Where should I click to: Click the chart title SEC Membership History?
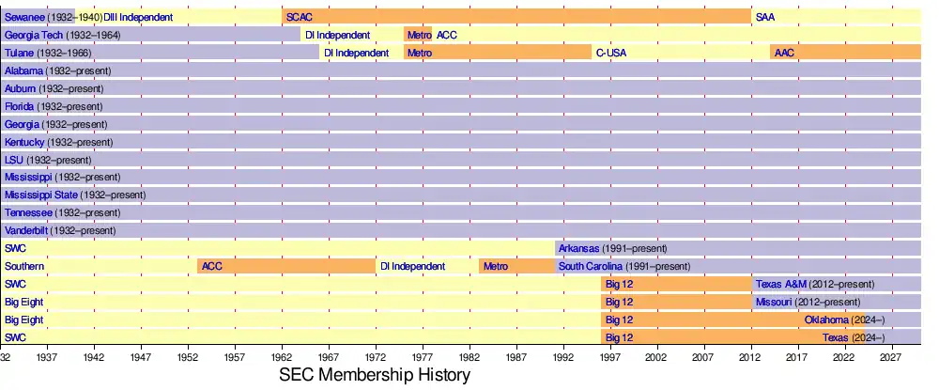coord(374,375)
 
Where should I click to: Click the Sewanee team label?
coord(26,17)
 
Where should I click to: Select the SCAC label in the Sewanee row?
coord(299,17)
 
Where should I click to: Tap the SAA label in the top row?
coord(765,17)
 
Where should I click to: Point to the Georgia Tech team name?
coord(34,35)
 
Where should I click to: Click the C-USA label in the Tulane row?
coord(610,53)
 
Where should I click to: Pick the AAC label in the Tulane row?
coord(784,53)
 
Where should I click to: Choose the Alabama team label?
coord(24,70)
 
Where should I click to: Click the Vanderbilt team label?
coord(27,230)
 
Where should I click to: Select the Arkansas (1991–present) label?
coord(612,248)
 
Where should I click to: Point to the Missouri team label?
coord(774,302)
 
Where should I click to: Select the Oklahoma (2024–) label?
coord(844,320)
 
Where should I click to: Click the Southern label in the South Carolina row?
coord(24,266)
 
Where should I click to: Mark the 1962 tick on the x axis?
coord(283,357)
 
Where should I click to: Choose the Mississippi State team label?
coord(41,195)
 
